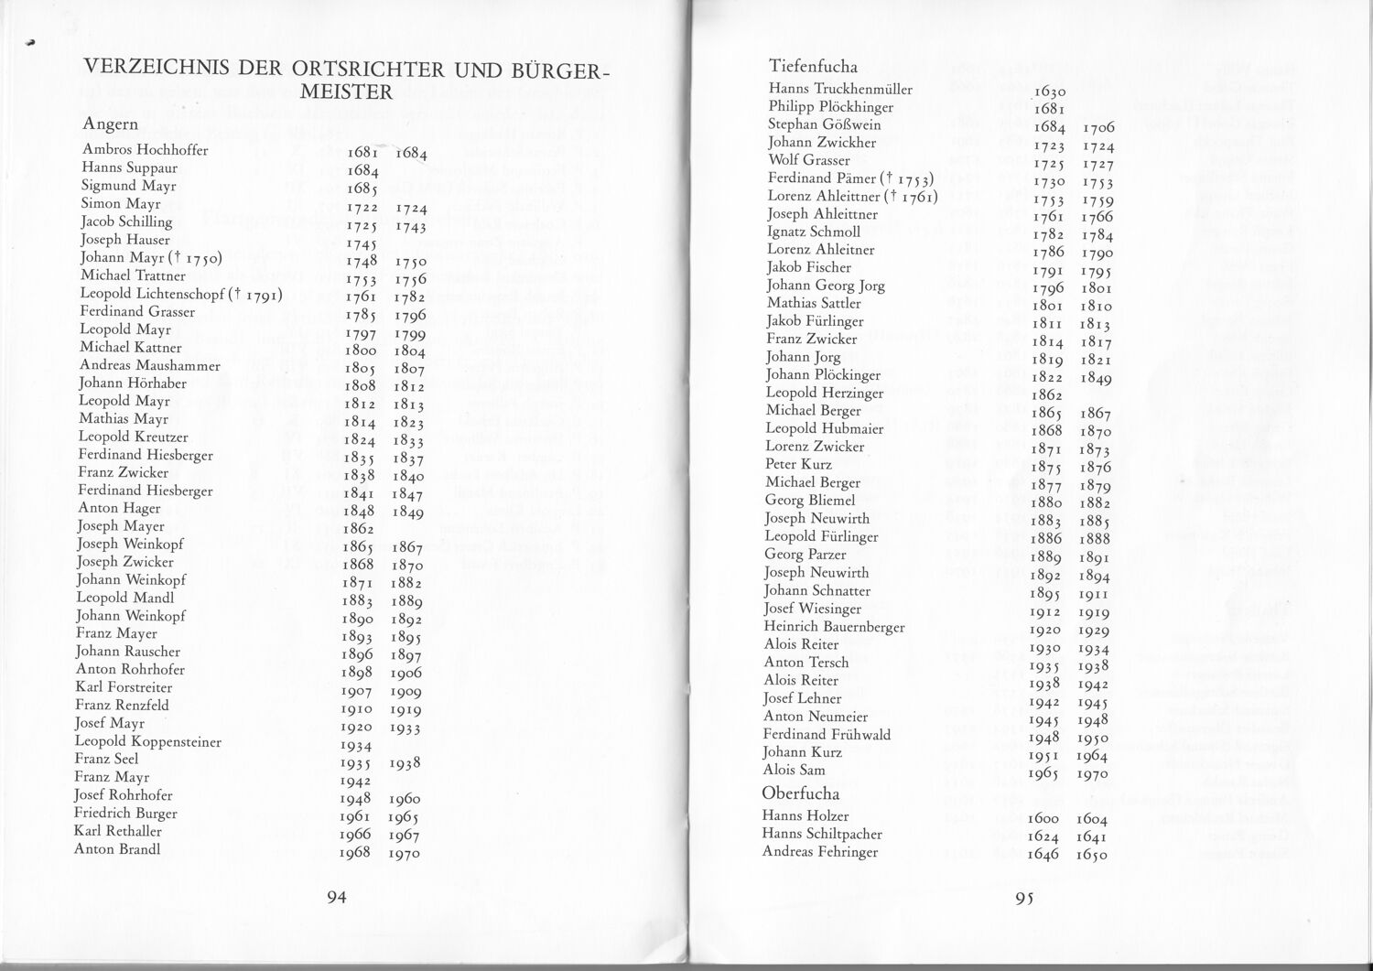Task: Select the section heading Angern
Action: (x=110, y=124)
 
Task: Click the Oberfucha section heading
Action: (x=800, y=793)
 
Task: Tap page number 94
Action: (x=337, y=898)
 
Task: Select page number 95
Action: (x=1024, y=899)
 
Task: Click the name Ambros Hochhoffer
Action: (x=145, y=150)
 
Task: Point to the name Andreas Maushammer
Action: (x=149, y=365)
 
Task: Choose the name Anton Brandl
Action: (x=117, y=848)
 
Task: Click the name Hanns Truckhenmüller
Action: (x=840, y=89)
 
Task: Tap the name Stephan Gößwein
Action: (x=824, y=124)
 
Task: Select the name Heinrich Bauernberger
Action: (x=834, y=627)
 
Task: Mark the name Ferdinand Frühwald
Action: (x=827, y=734)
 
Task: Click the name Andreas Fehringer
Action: (x=819, y=852)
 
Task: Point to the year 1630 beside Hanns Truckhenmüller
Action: (x=1047, y=92)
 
